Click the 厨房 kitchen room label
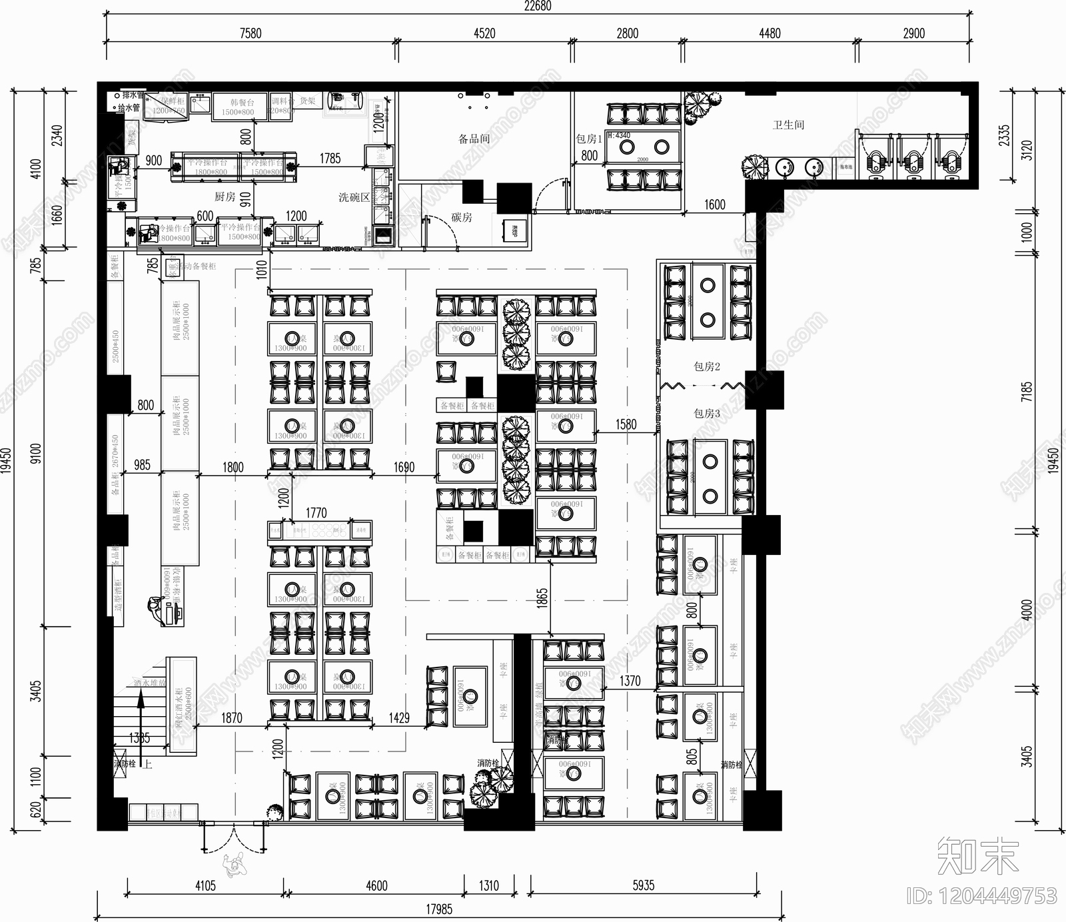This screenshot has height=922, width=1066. click(225, 197)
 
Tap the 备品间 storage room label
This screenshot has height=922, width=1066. click(474, 139)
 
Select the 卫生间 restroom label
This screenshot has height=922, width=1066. click(788, 125)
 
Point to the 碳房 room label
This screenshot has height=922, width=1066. click(461, 217)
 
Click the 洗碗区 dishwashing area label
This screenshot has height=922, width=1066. click(353, 197)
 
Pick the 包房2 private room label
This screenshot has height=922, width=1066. click(706, 366)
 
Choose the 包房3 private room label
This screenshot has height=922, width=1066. click(706, 414)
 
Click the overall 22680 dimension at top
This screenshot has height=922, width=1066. click(537, 7)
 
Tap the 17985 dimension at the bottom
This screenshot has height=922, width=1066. click(439, 909)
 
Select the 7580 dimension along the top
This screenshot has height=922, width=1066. click(251, 33)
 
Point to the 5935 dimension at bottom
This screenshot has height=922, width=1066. click(643, 885)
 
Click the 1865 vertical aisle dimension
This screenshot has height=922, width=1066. click(542, 597)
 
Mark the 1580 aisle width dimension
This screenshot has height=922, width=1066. click(626, 424)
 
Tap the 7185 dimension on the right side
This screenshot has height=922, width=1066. click(1027, 391)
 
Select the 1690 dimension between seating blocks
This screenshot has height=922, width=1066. click(404, 468)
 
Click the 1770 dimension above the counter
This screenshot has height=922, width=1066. click(316, 513)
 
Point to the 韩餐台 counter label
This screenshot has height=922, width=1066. click(242, 103)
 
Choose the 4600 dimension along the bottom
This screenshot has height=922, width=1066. click(376, 885)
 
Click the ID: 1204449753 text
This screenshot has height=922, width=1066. click(981, 896)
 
